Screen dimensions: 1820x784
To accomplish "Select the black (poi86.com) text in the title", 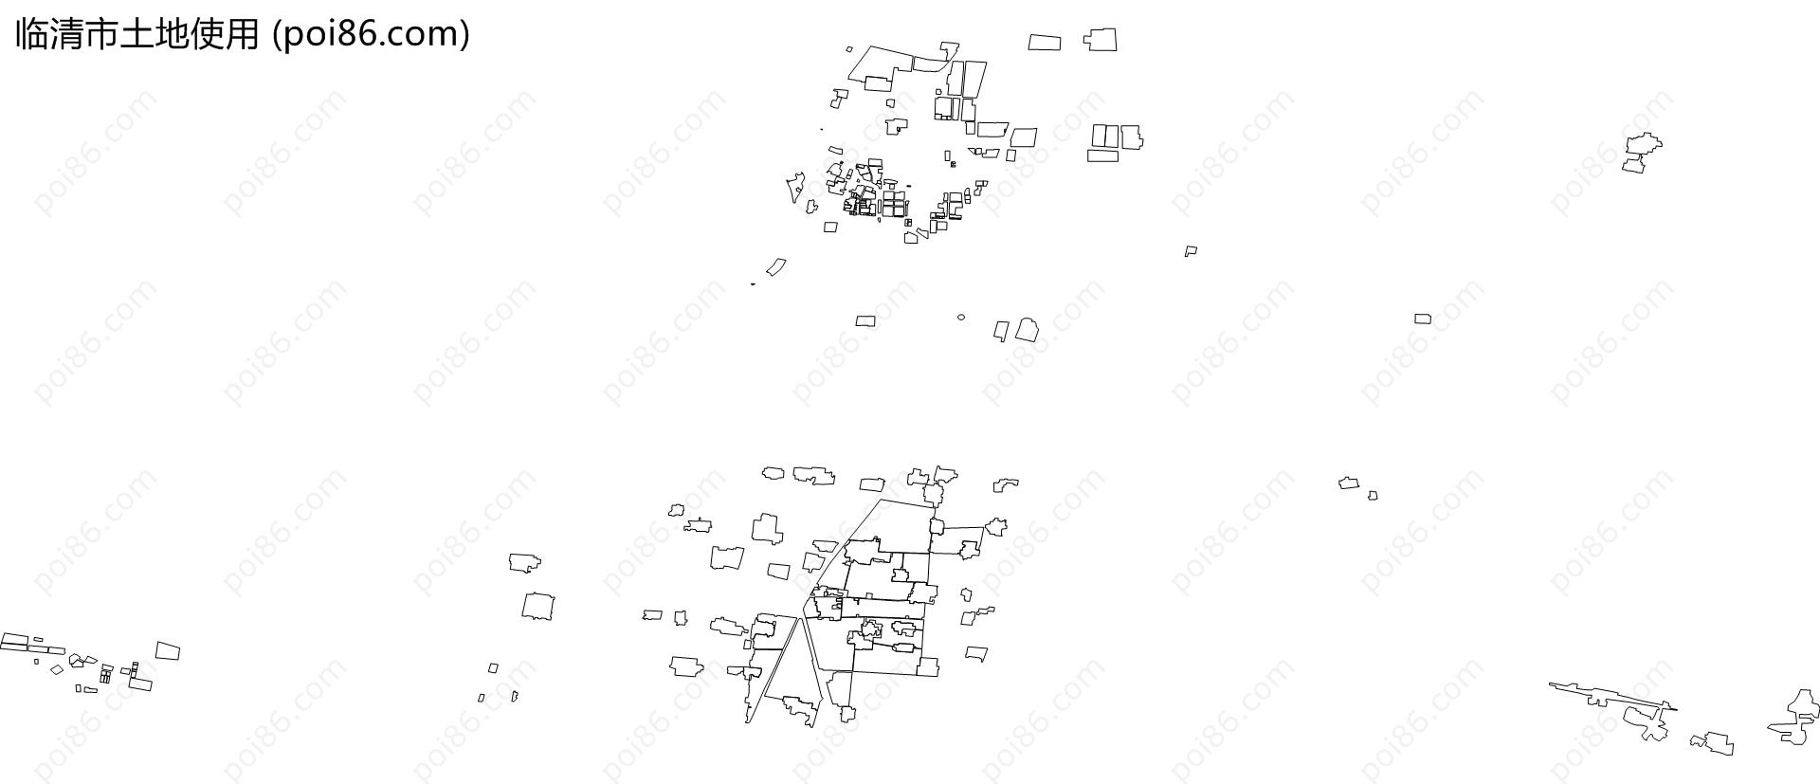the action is [371, 34].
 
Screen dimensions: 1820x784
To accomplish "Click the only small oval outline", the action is [961, 318].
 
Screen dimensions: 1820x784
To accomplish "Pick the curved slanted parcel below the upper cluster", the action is [776, 267].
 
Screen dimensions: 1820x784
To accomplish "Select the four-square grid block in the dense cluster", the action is [894, 205].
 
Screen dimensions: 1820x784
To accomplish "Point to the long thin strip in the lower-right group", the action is [1612, 695].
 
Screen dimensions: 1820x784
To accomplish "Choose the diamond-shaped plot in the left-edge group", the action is [57, 669].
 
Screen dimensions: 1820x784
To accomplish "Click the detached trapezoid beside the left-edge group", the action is [168, 650].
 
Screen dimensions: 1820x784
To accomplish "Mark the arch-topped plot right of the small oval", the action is [1027, 330].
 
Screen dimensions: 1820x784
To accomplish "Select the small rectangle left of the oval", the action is [865, 320].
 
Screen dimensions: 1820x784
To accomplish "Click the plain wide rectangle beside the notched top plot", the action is [1045, 42].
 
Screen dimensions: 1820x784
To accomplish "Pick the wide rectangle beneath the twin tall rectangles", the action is [1103, 155].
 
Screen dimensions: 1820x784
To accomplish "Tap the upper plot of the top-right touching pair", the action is [1644, 144].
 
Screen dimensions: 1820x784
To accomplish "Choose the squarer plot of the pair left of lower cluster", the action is [537, 606].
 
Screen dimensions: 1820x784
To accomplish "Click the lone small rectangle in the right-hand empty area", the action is [1423, 319].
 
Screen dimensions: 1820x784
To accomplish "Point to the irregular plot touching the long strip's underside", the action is [1647, 723].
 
